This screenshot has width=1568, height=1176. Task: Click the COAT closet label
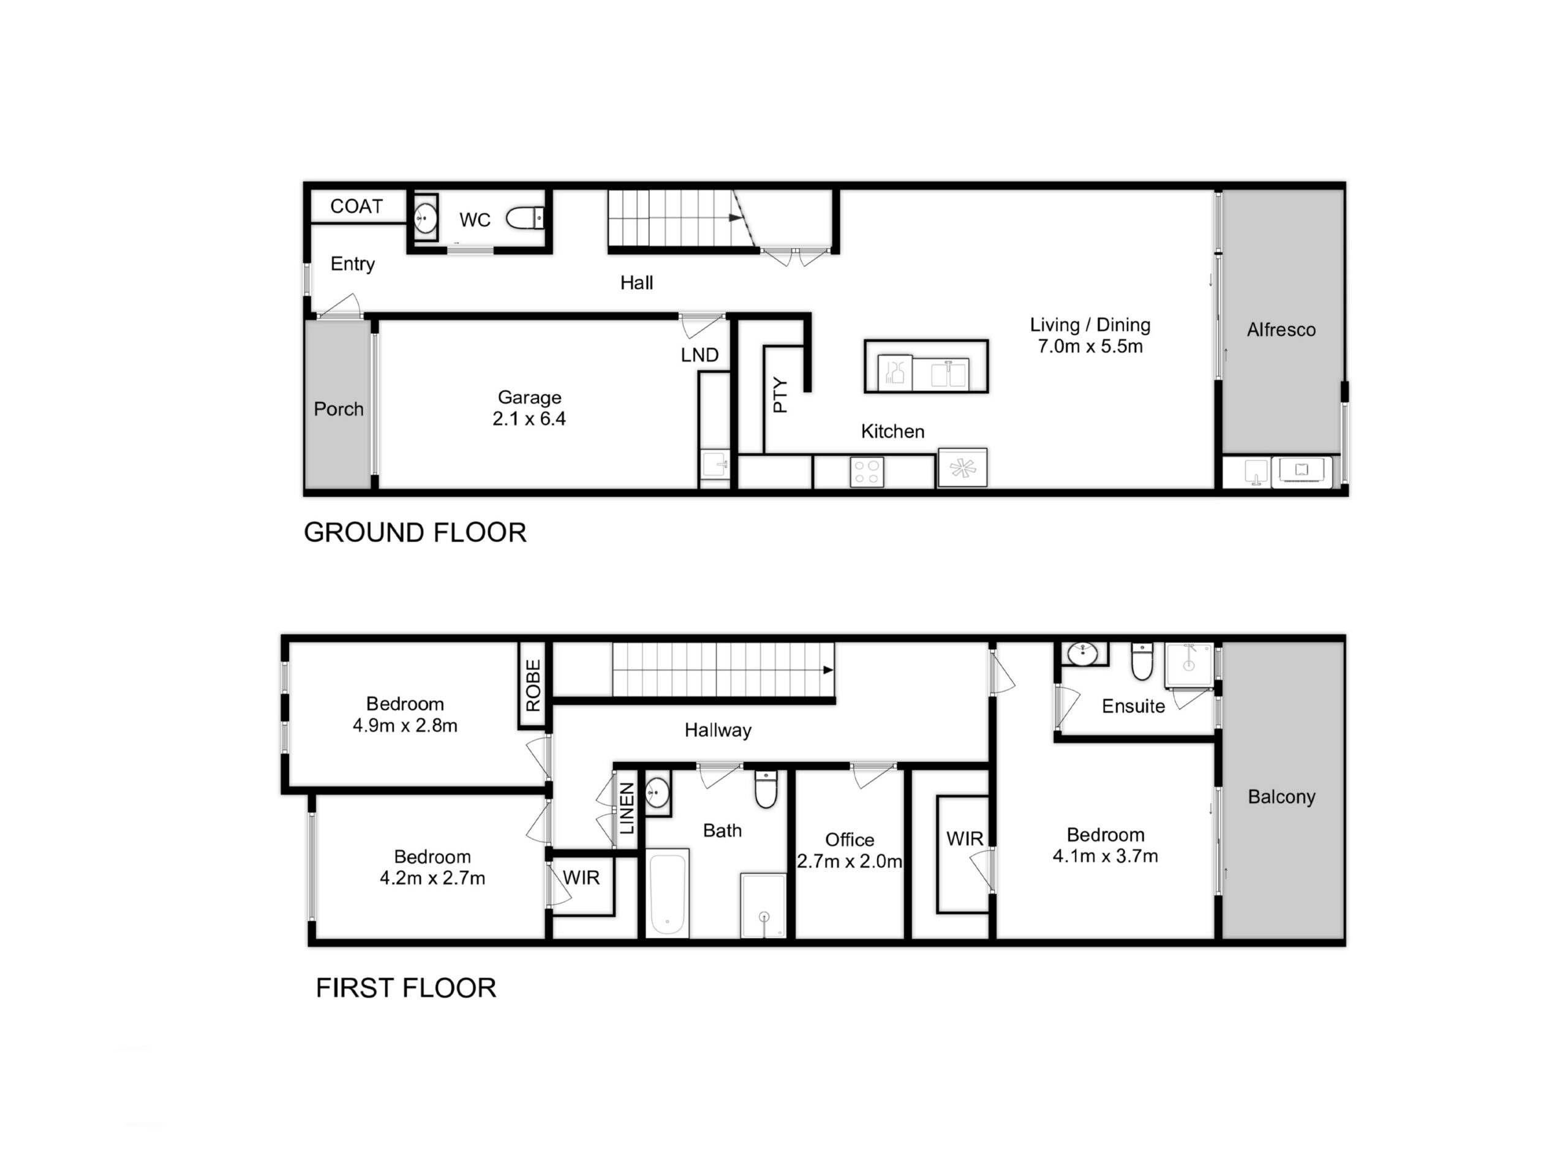[356, 206]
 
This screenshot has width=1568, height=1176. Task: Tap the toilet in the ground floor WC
[524, 217]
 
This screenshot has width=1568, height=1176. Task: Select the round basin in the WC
[424, 218]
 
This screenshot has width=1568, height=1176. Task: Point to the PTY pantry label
[780, 395]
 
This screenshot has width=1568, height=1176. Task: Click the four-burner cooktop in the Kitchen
[867, 472]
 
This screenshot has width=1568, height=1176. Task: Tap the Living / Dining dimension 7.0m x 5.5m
[1090, 347]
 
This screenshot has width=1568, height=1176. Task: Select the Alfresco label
[1281, 330]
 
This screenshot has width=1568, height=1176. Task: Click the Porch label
[338, 409]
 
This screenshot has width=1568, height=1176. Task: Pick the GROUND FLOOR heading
[415, 532]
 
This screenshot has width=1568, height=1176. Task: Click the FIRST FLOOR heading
[405, 987]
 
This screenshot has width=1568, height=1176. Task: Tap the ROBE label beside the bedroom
[533, 685]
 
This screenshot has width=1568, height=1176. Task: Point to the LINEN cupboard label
[627, 809]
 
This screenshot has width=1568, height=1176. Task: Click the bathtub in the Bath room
[667, 892]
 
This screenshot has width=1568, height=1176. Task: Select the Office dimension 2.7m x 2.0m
[849, 861]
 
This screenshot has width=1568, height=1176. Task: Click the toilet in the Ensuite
[1142, 661]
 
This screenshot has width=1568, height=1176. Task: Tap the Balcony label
[1281, 797]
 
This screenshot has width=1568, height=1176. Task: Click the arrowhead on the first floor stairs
[828, 670]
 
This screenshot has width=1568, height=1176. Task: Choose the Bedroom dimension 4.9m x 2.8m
[405, 726]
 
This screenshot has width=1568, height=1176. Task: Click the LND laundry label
[699, 355]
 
